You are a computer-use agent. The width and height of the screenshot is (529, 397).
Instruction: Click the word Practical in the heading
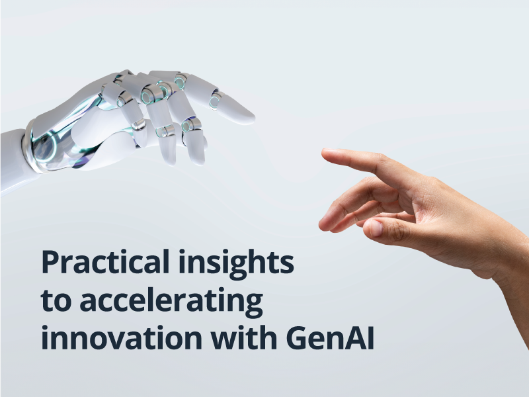pyautogui.click(x=105, y=261)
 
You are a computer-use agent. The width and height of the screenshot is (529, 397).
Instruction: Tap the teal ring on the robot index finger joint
pyautogui.click(x=214, y=101)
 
